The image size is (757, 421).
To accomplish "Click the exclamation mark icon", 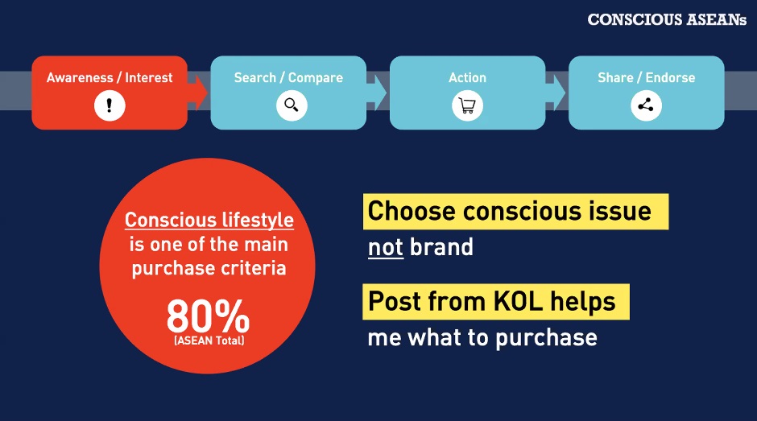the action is click(x=110, y=105).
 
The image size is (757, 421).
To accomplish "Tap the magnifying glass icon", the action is click(x=292, y=105).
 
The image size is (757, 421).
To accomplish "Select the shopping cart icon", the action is click(x=467, y=105).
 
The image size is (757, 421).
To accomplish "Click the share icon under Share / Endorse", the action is click(x=646, y=105).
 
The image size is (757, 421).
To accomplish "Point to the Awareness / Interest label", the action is click(x=110, y=78).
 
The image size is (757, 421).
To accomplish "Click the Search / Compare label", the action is click(x=288, y=78).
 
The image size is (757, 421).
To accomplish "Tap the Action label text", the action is click(x=467, y=78).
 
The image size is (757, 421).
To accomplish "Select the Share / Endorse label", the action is click(x=647, y=78).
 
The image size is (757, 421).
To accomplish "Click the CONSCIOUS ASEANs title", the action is click(x=667, y=20).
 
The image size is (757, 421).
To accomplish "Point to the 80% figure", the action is click(x=208, y=316).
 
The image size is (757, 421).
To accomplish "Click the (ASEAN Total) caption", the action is click(x=209, y=341).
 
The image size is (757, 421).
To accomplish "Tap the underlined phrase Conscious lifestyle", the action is click(x=209, y=220).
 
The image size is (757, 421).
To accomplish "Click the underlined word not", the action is click(x=385, y=247).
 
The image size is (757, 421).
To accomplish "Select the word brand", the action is click(x=441, y=246).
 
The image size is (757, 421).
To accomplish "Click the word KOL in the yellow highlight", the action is click(x=518, y=301).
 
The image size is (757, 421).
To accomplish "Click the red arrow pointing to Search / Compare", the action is click(x=197, y=92).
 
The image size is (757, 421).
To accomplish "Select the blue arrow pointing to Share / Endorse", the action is click(x=556, y=92).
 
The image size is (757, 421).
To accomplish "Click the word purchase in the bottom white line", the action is click(x=547, y=338).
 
